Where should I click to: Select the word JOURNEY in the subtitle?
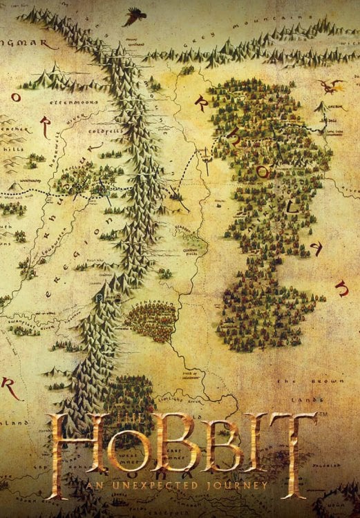click(237, 488)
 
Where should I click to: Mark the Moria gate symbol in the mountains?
click(102, 297)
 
